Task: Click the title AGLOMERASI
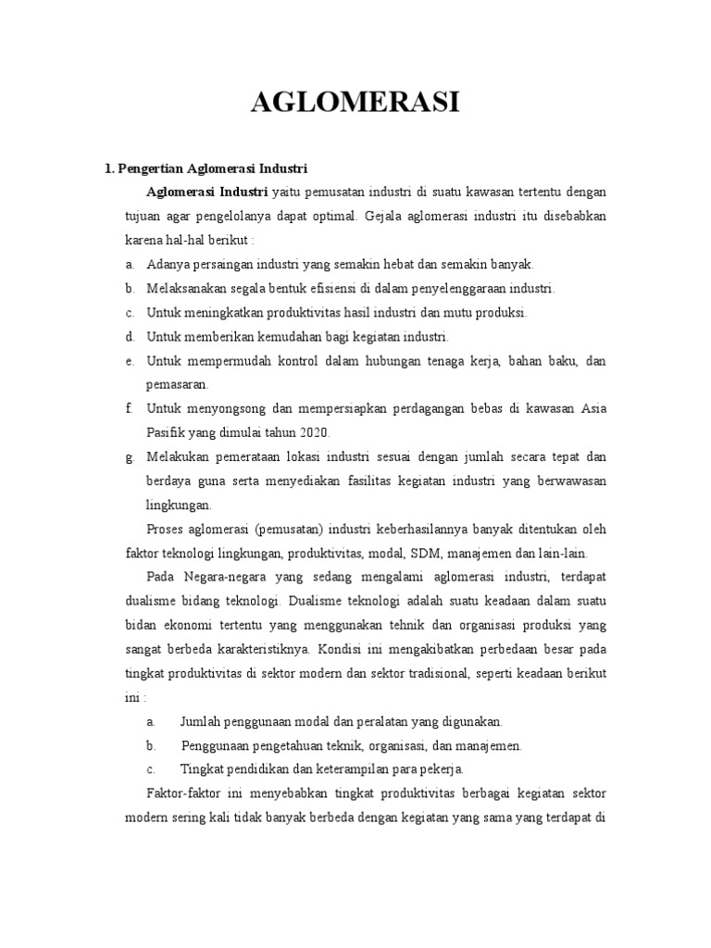(x=355, y=102)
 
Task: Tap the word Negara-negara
(x=212, y=577)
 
